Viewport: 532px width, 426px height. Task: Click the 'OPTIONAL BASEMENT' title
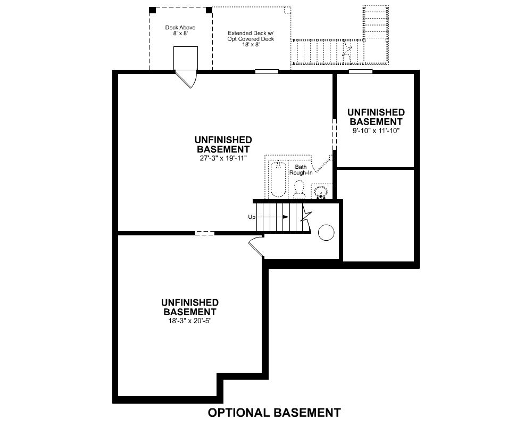click(x=274, y=413)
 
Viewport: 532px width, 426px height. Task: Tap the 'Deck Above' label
click(x=180, y=28)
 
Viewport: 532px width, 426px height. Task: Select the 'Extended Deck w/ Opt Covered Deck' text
click(x=251, y=36)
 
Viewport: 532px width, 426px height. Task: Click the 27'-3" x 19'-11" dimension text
click(x=223, y=158)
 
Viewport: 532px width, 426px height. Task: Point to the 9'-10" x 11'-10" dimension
click(x=376, y=130)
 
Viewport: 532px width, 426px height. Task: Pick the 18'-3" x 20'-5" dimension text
click(x=190, y=321)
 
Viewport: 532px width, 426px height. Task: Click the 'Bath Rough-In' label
click(x=301, y=170)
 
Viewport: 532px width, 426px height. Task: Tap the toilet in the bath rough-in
click(x=299, y=190)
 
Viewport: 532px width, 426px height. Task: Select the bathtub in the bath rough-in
click(x=278, y=179)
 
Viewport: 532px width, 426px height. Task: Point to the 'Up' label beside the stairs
click(x=252, y=217)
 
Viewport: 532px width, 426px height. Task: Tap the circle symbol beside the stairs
click(x=327, y=233)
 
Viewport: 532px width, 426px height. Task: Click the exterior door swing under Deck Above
click(x=186, y=79)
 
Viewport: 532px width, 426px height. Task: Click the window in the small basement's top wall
click(x=360, y=72)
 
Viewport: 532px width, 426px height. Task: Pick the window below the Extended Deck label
click(x=267, y=72)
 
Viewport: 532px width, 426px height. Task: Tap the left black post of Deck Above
click(x=152, y=10)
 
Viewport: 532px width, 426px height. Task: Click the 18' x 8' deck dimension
click(x=251, y=45)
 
